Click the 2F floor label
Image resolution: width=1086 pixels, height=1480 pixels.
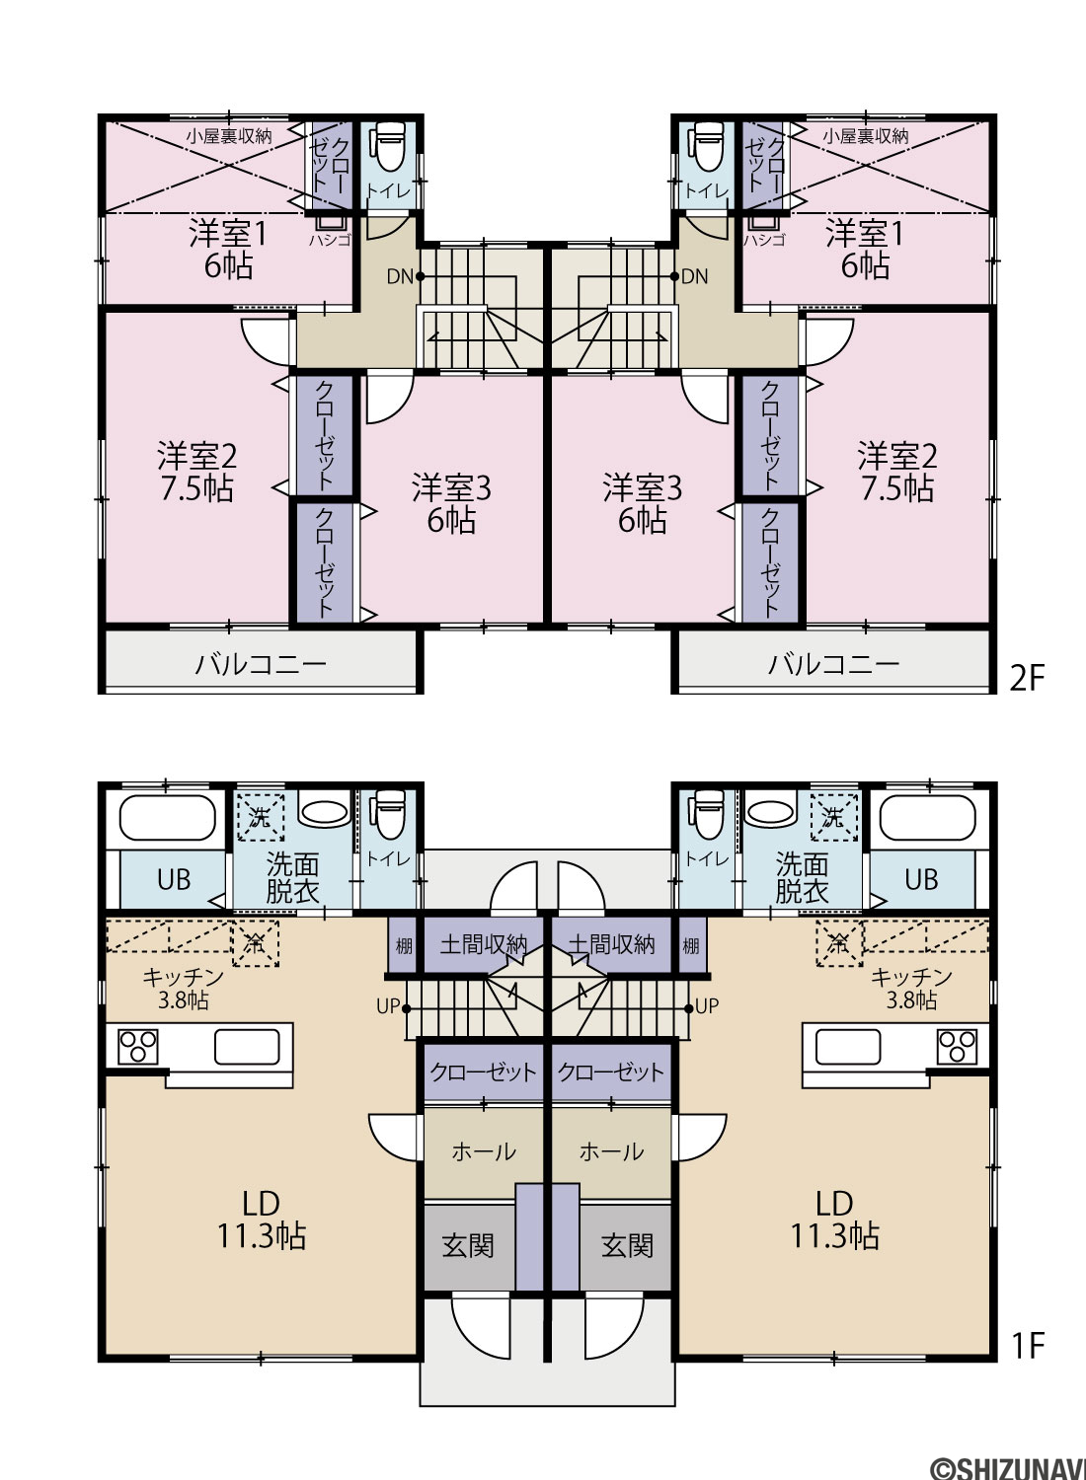tap(1027, 678)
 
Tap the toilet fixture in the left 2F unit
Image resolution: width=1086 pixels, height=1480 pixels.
tap(390, 146)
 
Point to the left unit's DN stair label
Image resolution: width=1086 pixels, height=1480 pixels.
tap(400, 276)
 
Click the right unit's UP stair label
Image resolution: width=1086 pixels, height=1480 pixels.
tap(706, 1006)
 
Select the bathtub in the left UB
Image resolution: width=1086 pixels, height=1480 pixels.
tap(168, 818)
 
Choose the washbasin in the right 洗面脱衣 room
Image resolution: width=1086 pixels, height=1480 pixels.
tap(771, 811)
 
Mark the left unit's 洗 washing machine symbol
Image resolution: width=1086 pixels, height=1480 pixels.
tap(260, 818)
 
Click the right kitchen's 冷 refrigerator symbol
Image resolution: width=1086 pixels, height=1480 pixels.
tap(839, 945)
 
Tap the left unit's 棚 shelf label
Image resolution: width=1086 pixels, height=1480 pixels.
tap(403, 946)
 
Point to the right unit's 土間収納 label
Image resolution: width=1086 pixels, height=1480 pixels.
tap(612, 945)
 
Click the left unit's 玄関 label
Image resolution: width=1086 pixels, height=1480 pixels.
tap(468, 1246)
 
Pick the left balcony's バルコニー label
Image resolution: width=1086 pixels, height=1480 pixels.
tap(261, 663)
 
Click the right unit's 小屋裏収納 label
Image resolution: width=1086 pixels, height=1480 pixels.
tap(865, 137)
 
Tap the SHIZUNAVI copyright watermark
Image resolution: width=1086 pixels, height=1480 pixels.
tap(1007, 1467)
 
